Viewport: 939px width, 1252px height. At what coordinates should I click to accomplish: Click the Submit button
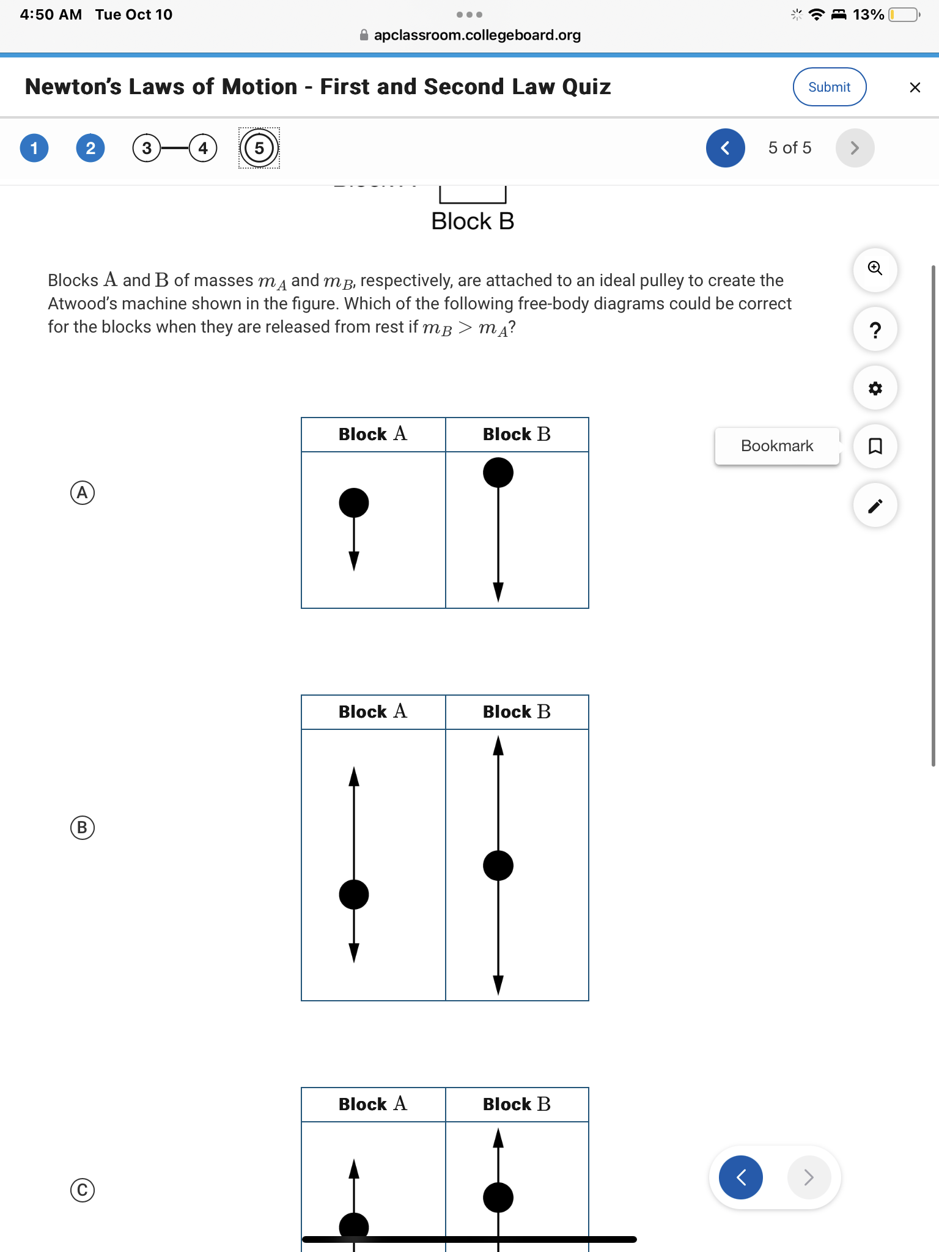pyautogui.click(x=829, y=87)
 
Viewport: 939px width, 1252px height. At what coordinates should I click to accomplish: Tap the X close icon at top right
pyautogui.click(x=915, y=87)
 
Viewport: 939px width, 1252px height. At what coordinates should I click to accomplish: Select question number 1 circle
pyautogui.click(x=34, y=148)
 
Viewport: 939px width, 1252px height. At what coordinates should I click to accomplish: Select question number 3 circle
pyautogui.click(x=147, y=148)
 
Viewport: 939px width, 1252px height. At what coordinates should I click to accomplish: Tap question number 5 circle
pyautogui.click(x=259, y=148)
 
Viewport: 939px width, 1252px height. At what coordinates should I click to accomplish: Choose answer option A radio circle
pyautogui.click(x=83, y=493)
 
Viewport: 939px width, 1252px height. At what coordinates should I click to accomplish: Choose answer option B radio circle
pyautogui.click(x=83, y=827)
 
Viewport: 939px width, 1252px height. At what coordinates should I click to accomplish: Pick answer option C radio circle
pyautogui.click(x=83, y=1190)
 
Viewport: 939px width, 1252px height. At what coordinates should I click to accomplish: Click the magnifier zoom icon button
pyautogui.click(x=875, y=269)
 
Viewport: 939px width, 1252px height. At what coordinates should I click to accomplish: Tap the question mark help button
pyautogui.click(x=875, y=330)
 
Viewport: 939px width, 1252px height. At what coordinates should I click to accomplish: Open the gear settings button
pyautogui.click(x=875, y=388)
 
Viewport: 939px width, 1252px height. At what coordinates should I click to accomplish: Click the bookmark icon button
pyautogui.click(x=875, y=446)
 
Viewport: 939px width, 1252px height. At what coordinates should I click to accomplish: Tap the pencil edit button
pyautogui.click(x=875, y=506)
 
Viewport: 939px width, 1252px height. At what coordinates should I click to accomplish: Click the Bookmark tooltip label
pyautogui.click(x=776, y=446)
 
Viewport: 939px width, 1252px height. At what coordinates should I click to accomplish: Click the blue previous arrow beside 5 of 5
pyautogui.click(x=725, y=148)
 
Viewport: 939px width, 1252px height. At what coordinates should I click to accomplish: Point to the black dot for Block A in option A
pyautogui.click(x=354, y=503)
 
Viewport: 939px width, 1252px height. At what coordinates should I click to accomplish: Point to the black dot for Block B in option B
pyautogui.click(x=498, y=866)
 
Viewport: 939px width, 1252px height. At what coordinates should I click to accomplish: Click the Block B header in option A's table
pyautogui.click(x=517, y=435)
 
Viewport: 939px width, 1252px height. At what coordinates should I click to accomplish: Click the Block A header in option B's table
pyautogui.click(x=373, y=712)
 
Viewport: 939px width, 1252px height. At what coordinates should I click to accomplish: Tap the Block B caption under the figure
pyautogui.click(x=473, y=221)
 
